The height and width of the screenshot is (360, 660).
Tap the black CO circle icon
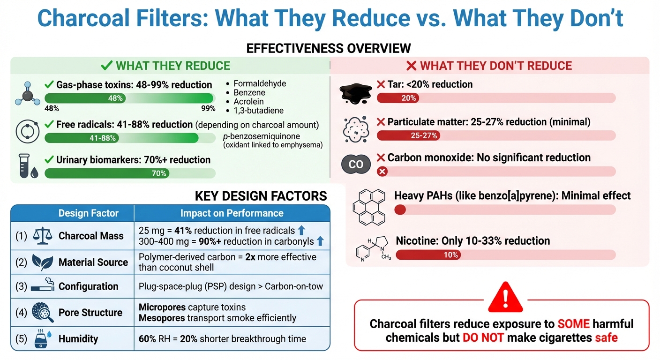[356, 165]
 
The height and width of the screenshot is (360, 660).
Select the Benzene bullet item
[249, 92]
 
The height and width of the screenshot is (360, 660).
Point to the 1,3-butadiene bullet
[258, 110]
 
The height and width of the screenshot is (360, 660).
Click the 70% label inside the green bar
[159, 173]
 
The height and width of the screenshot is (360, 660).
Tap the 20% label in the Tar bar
[409, 98]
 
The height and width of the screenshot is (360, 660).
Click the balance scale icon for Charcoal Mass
[43, 235]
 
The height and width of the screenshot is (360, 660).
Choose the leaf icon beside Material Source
[42, 262]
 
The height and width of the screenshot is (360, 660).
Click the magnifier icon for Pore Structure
[43, 313]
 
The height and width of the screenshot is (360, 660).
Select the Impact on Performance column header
[232, 213]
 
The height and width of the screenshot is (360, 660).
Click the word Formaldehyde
[260, 83]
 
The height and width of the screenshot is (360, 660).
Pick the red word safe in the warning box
[606, 337]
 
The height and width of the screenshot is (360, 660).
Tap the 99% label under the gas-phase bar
[207, 109]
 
